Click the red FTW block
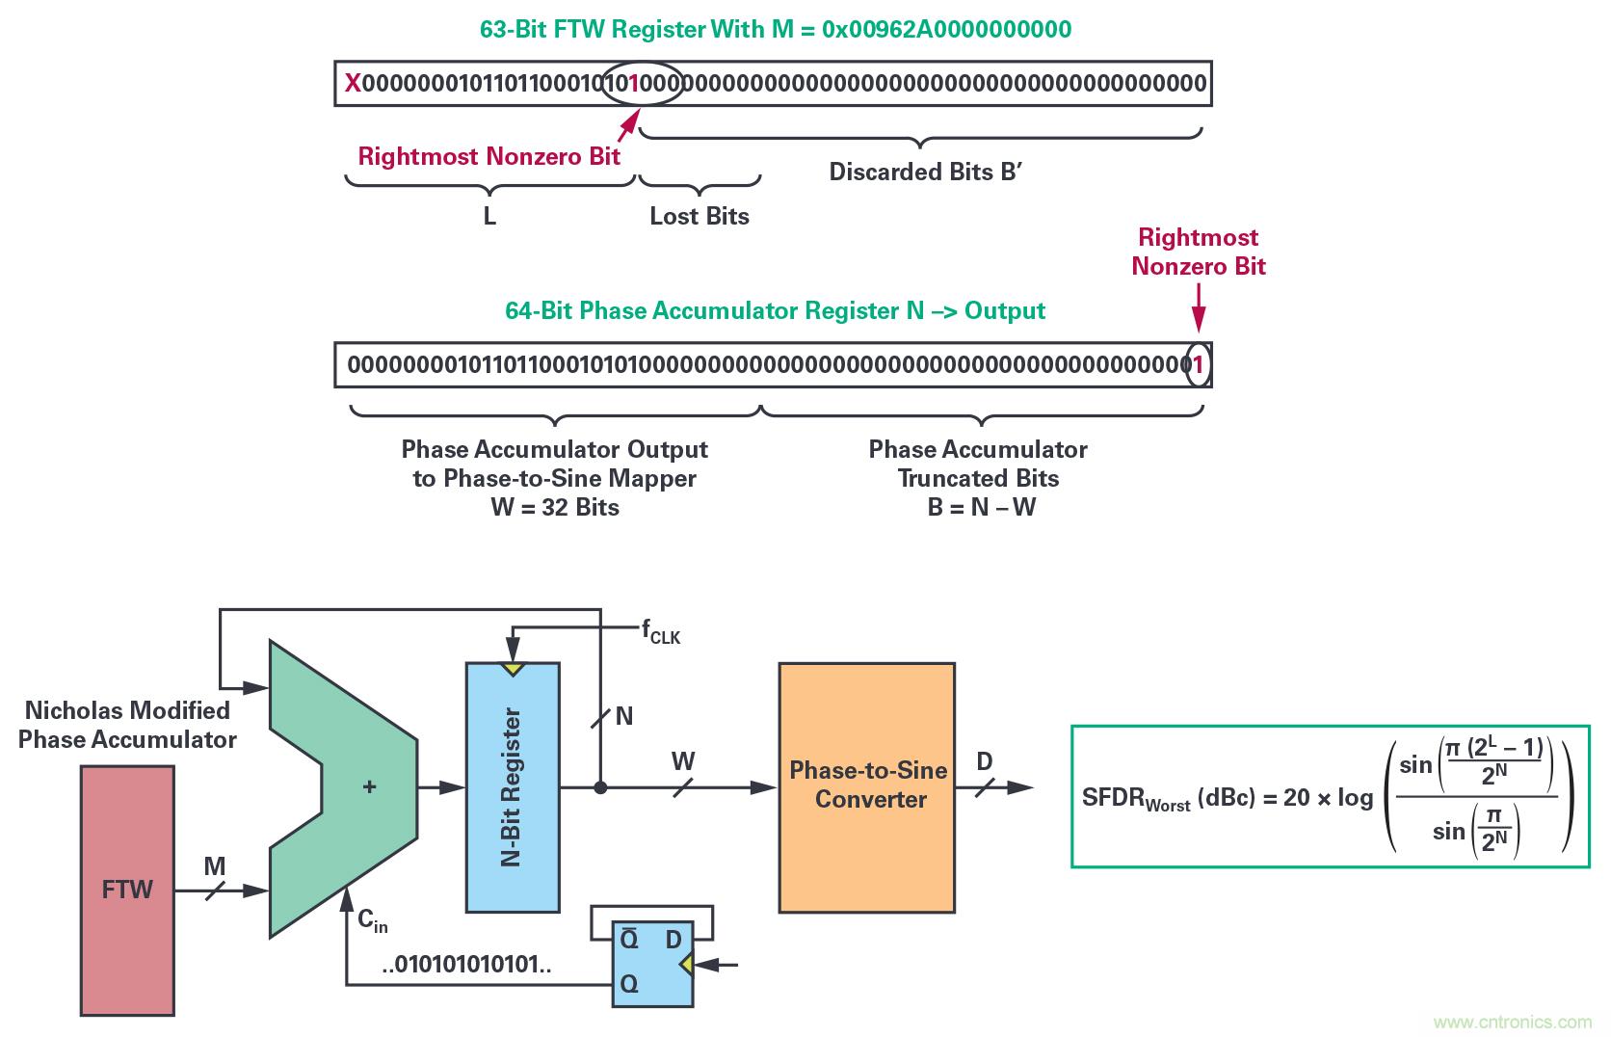pyautogui.click(x=127, y=890)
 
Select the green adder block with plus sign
pyautogui.click(x=357, y=787)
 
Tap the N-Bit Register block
pyautogui.click(x=512, y=786)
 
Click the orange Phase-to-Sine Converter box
pyautogui.click(x=866, y=786)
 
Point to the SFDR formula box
pyautogui.click(x=1330, y=796)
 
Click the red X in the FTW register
pyautogui.click(x=353, y=84)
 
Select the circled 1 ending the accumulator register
pyautogui.click(x=1199, y=365)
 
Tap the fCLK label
pyautogui.click(x=661, y=633)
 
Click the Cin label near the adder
pyautogui.click(x=372, y=920)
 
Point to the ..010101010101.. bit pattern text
pyautogui.click(x=466, y=965)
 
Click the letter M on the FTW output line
pyautogui.click(x=214, y=867)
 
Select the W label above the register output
pyautogui.click(x=682, y=761)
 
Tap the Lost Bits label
pyautogui.click(x=700, y=216)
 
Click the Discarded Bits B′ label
pyautogui.click(x=924, y=173)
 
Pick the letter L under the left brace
pyautogui.click(x=489, y=217)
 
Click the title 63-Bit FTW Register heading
pyautogui.click(x=775, y=29)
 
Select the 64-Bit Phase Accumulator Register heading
pyautogui.click(x=775, y=311)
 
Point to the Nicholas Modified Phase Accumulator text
pyautogui.click(x=127, y=725)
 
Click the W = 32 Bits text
pyautogui.click(x=554, y=507)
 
